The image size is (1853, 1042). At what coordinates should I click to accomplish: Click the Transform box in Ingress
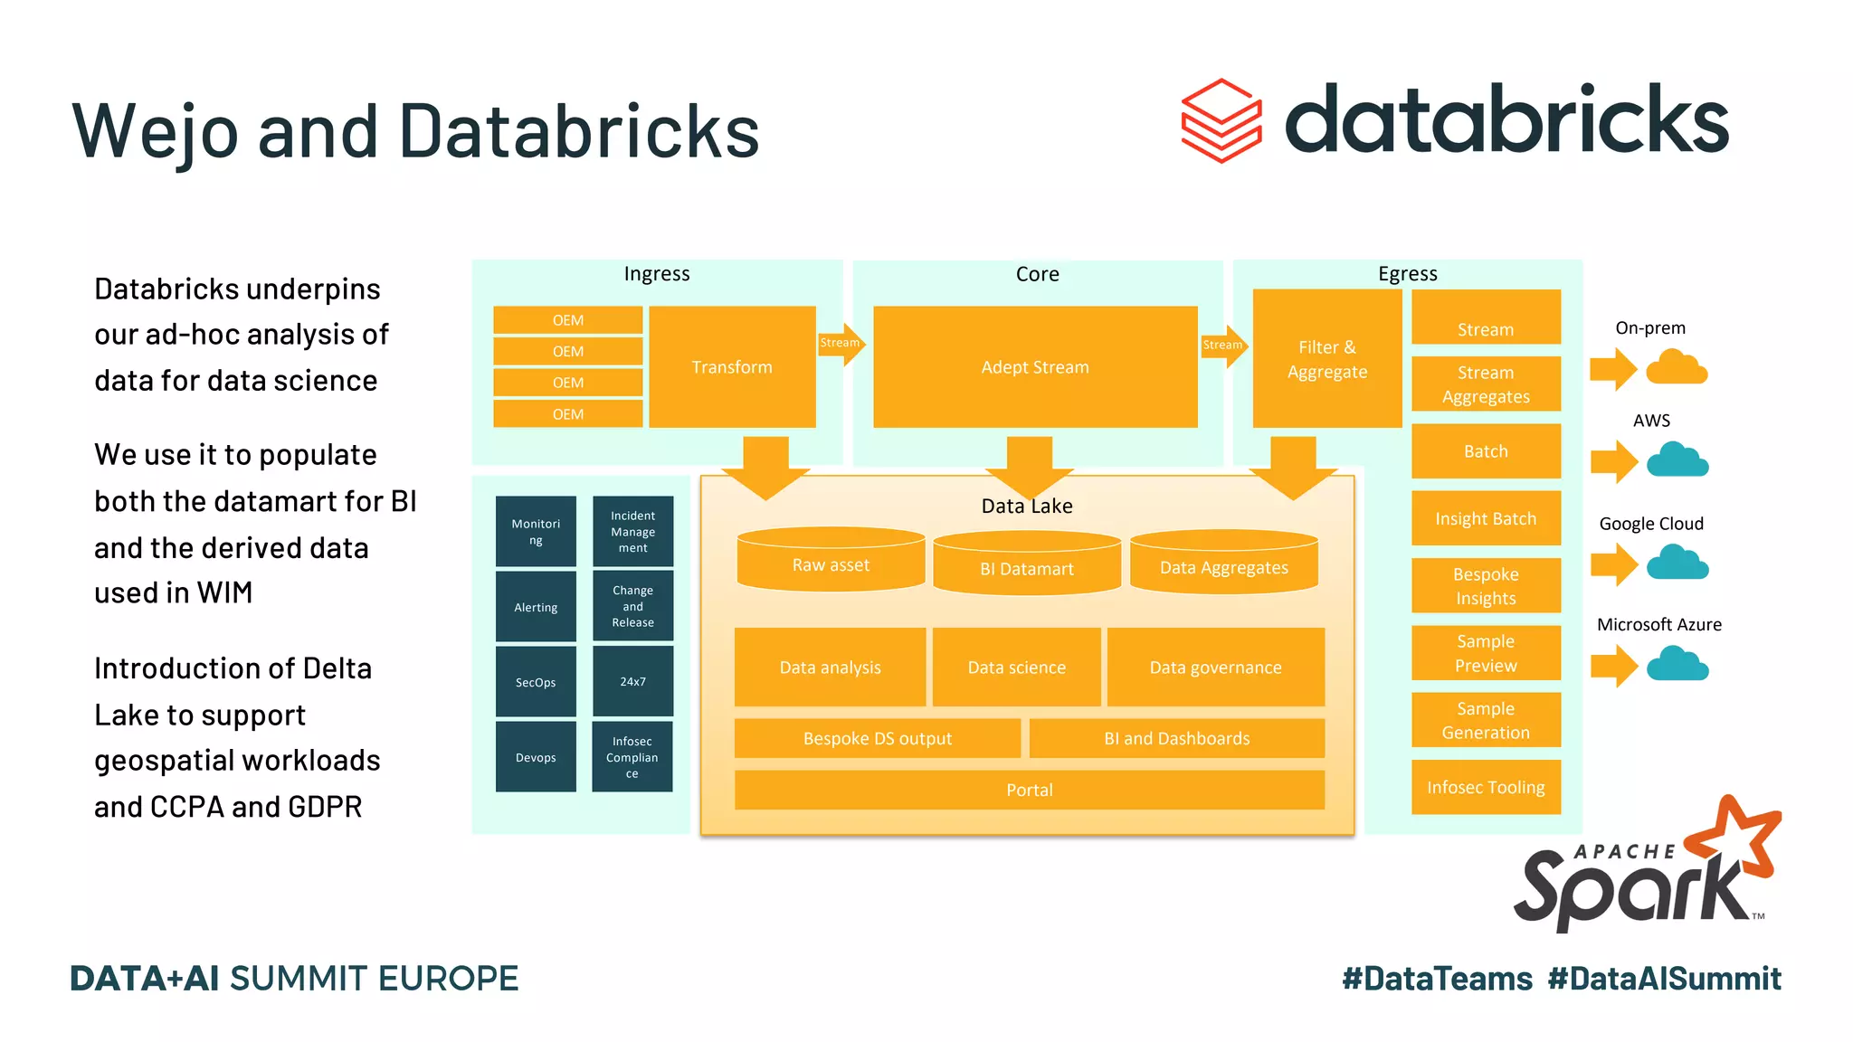coord(732,366)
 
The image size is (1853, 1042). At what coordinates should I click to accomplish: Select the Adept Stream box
coord(1034,366)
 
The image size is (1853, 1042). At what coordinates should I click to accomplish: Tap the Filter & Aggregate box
coord(1326,359)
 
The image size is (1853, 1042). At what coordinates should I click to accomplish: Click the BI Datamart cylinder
coord(1026,565)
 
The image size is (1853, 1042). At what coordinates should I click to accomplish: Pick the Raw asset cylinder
coord(831,562)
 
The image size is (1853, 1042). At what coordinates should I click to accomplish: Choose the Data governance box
coord(1215,668)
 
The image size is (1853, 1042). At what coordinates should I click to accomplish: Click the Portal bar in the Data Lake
coord(1029,790)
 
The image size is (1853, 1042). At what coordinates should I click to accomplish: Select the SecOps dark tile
coord(536,682)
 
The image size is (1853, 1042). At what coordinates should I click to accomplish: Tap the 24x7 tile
coord(632,681)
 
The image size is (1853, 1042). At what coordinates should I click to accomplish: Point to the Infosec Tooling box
coord(1486,787)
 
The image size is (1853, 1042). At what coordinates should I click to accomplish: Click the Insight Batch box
coord(1486,518)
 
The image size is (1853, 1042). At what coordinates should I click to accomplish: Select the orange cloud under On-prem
coord(1677,368)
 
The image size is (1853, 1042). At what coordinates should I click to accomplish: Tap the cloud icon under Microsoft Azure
coord(1677,665)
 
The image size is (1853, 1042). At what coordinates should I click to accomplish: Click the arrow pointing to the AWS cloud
coord(1613,462)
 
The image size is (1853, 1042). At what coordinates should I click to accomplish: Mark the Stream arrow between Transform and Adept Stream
coord(841,344)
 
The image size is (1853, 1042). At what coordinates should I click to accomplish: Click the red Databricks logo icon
coord(1221,121)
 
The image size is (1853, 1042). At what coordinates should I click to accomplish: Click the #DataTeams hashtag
coord(1437,979)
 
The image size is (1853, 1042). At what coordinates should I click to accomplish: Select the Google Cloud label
coord(1650,524)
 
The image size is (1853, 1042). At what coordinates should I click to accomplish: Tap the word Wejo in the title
coord(155,132)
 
